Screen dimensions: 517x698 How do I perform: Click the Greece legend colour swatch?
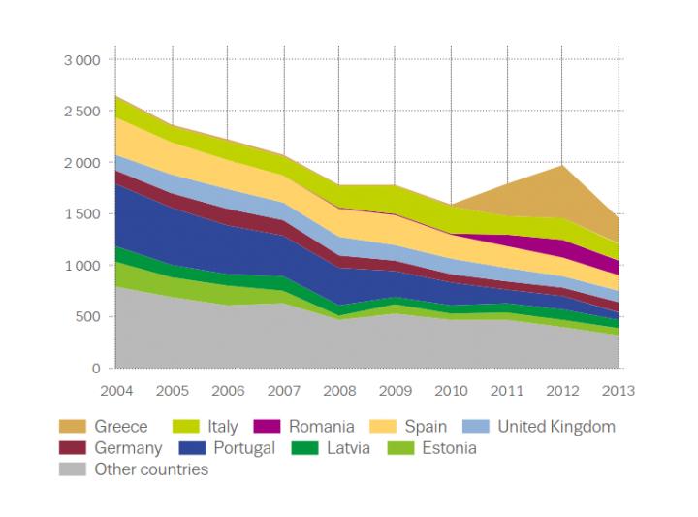click(x=73, y=427)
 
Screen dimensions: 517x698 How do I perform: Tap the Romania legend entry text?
click(x=327, y=427)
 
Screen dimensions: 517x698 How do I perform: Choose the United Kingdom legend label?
click(x=556, y=427)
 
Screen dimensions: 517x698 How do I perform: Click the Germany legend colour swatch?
click(x=73, y=448)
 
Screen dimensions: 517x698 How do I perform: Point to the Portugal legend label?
click(x=243, y=448)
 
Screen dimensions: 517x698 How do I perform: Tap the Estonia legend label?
click(x=447, y=448)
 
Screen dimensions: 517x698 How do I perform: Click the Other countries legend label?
click(x=151, y=469)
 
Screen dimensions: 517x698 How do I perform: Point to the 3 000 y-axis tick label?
click(x=82, y=60)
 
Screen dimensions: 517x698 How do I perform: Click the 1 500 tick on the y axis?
click(x=82, y=214)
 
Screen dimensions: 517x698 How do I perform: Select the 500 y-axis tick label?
click(x=88, y=317)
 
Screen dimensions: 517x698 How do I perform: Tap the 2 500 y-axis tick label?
click(x=82, y=112)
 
